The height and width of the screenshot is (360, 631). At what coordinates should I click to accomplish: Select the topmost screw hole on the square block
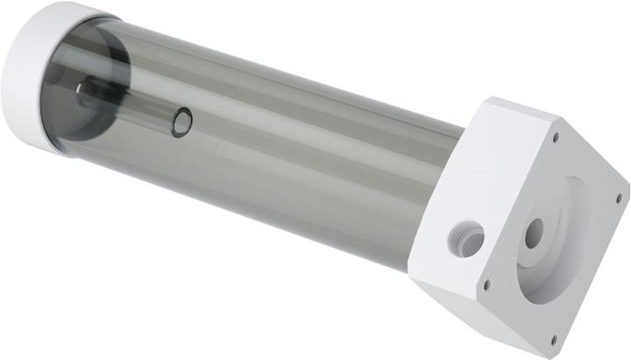click(x=556, y=137)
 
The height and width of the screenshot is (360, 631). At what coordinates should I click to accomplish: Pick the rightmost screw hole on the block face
click(x=619, y=198)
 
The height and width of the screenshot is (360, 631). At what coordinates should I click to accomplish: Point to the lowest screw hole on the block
click(x=553, y=339)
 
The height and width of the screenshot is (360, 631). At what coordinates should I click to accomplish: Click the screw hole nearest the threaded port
click(x=487, y=284)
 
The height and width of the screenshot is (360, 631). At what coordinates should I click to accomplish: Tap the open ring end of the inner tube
click(x=181, y=122)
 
